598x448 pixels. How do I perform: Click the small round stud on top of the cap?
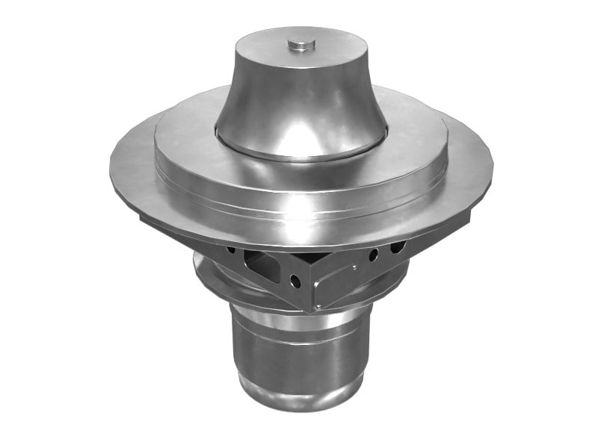pyautogui.click(x=301, y=45)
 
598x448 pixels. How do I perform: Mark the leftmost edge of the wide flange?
pyautogui.click(x=111, y=166)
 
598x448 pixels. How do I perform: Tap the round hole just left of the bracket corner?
pyautogui.click(x=296, y=281)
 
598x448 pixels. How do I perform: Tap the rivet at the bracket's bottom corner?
pyautogui.click(x=317, y=305)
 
